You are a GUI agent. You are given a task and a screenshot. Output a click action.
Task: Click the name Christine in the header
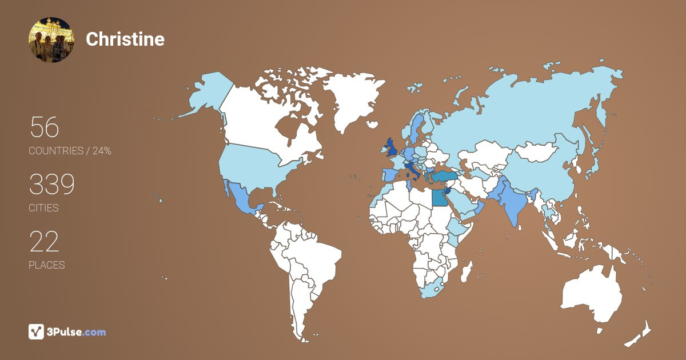(x=125, y=39)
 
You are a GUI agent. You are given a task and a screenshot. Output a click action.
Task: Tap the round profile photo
(x=51, y=39)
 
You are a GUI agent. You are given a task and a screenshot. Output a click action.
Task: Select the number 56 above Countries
(x=44, y=127)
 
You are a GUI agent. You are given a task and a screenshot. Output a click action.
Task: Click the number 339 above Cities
(x=51, y=185)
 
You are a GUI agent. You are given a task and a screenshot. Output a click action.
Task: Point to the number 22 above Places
(x=44, y=242)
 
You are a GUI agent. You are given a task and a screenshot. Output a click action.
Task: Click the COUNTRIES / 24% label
(x=70, y=151)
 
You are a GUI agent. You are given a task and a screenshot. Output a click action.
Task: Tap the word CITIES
(x=44, y=208)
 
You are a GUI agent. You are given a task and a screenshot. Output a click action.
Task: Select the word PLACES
(x=47, y=265)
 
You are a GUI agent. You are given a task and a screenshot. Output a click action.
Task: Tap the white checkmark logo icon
(x=36, y=331)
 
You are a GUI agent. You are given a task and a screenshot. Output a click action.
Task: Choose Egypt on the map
(x=439, y=198)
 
